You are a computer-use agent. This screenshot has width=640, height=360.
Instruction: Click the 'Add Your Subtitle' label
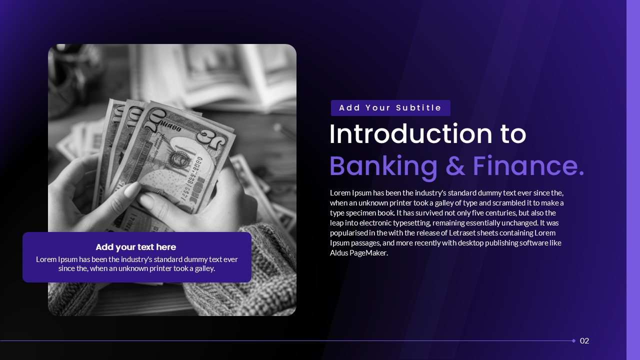click(x=390, y=108)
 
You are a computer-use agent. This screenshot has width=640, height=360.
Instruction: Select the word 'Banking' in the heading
click(x=383, y=166)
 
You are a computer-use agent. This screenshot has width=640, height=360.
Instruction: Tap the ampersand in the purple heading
click(x=455, y=166)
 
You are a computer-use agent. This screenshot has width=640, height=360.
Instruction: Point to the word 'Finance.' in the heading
click(x=528, y=166)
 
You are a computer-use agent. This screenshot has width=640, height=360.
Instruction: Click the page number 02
click(x=584, y=341)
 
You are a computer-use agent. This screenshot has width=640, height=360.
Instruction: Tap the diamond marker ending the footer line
click(x=573, y=340)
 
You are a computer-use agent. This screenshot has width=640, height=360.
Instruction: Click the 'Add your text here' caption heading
click(x=135, y=247)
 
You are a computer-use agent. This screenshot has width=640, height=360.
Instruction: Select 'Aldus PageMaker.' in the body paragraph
click(x=359, y=253)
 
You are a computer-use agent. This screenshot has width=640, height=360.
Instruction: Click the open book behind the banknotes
click(x=220, y=75)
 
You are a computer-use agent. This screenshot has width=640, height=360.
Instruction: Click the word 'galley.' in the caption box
click(x=203, y=268)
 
